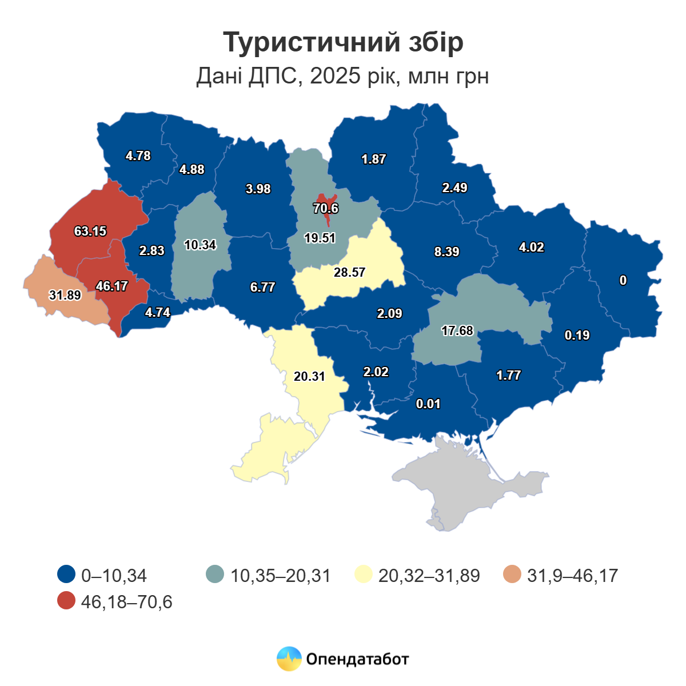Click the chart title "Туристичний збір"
click(343, 43)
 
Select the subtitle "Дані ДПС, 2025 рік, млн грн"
click(343, 75)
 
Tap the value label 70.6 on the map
click(326, 209)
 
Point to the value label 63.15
click(90, 232)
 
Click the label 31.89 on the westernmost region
click(65, 296)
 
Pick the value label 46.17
click(112, 286)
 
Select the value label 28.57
click(349, 273)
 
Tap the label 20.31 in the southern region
click(309, 377)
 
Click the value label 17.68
click(457, 331)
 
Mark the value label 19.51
click(320, 238)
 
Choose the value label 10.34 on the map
click(200, 245)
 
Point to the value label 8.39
click(446, 252)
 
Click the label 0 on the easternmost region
click(623, 281)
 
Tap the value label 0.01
click(428, 404)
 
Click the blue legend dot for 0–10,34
click(67, 575)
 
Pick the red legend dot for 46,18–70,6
click(67, 601)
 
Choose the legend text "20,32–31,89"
click(429, 575)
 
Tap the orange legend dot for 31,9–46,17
click(513, 575)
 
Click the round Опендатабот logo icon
click(289, 659)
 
